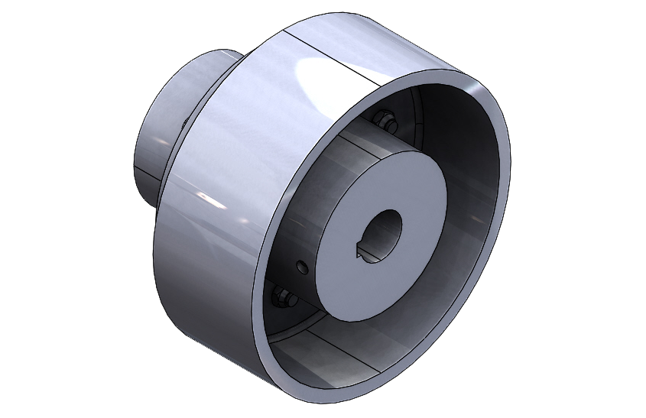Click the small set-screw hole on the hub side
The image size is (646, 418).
pyautogui.click(x=302, y=267)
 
